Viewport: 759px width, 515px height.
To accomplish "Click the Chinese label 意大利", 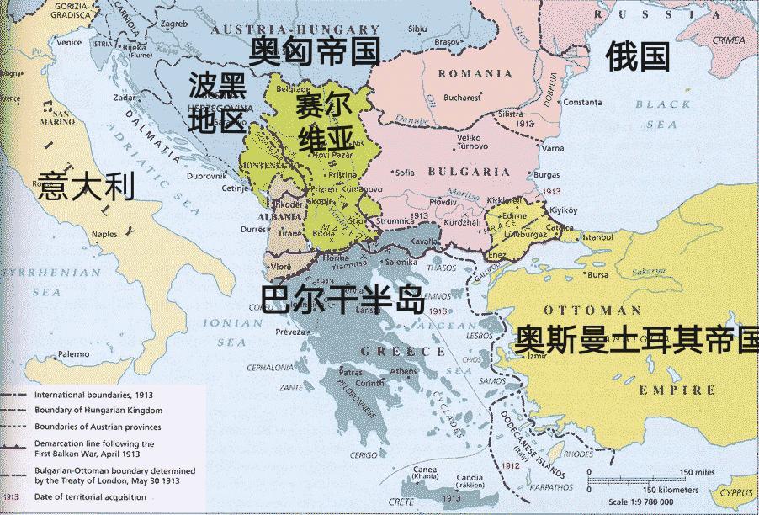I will pos(87,186).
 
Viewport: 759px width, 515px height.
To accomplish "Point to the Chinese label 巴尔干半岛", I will pos(342,300).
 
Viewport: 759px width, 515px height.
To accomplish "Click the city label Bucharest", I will pos(462,97).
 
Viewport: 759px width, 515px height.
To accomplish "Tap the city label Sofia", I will pos(406,173).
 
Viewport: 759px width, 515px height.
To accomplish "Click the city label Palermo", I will pos(73,353).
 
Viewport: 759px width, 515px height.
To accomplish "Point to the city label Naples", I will pos(104,233).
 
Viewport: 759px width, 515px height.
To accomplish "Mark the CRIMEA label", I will pos(731,40).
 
